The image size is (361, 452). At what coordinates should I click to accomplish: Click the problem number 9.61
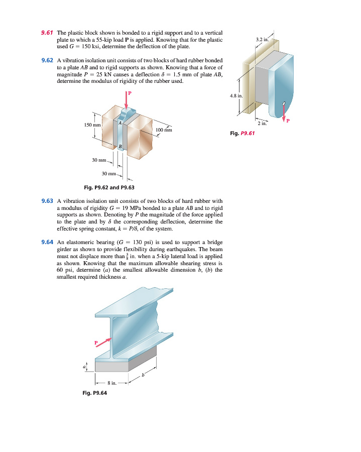[x=47, y=33]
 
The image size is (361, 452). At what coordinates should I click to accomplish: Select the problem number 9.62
[x=47, y=60]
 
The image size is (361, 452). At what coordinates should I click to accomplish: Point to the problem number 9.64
[x=47, y=242]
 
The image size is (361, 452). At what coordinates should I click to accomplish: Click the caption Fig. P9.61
[x=243, y=134]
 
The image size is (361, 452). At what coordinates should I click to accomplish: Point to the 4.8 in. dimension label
[x=236, y=95]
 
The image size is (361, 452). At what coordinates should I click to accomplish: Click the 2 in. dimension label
[x=262, y=123]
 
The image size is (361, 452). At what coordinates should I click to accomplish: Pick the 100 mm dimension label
[x=164, y=130]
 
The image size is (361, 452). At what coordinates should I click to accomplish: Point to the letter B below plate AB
[x=120, y=146]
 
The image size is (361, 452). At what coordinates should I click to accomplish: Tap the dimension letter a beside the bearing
[x=84, y=366]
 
